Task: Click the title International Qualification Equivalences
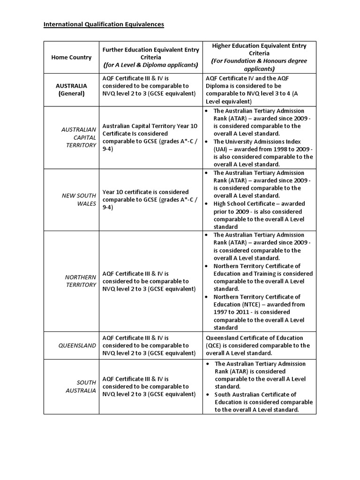[104, 24]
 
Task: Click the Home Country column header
[71, 57]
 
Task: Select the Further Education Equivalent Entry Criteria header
[150, 57]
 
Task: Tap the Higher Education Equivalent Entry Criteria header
[259, 57]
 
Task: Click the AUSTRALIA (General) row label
[71, 90]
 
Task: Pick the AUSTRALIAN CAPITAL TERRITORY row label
[79, 137]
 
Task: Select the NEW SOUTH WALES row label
[79, 199]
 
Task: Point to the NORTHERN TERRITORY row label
[80, 281]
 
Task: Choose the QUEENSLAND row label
[77, 345]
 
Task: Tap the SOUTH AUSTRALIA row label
[80, 386]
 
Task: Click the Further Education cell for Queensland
[149, 345]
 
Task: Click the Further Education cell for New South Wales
[149, 199]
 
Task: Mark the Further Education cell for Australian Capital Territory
[150, 137]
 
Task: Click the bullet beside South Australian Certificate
[208, 395]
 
